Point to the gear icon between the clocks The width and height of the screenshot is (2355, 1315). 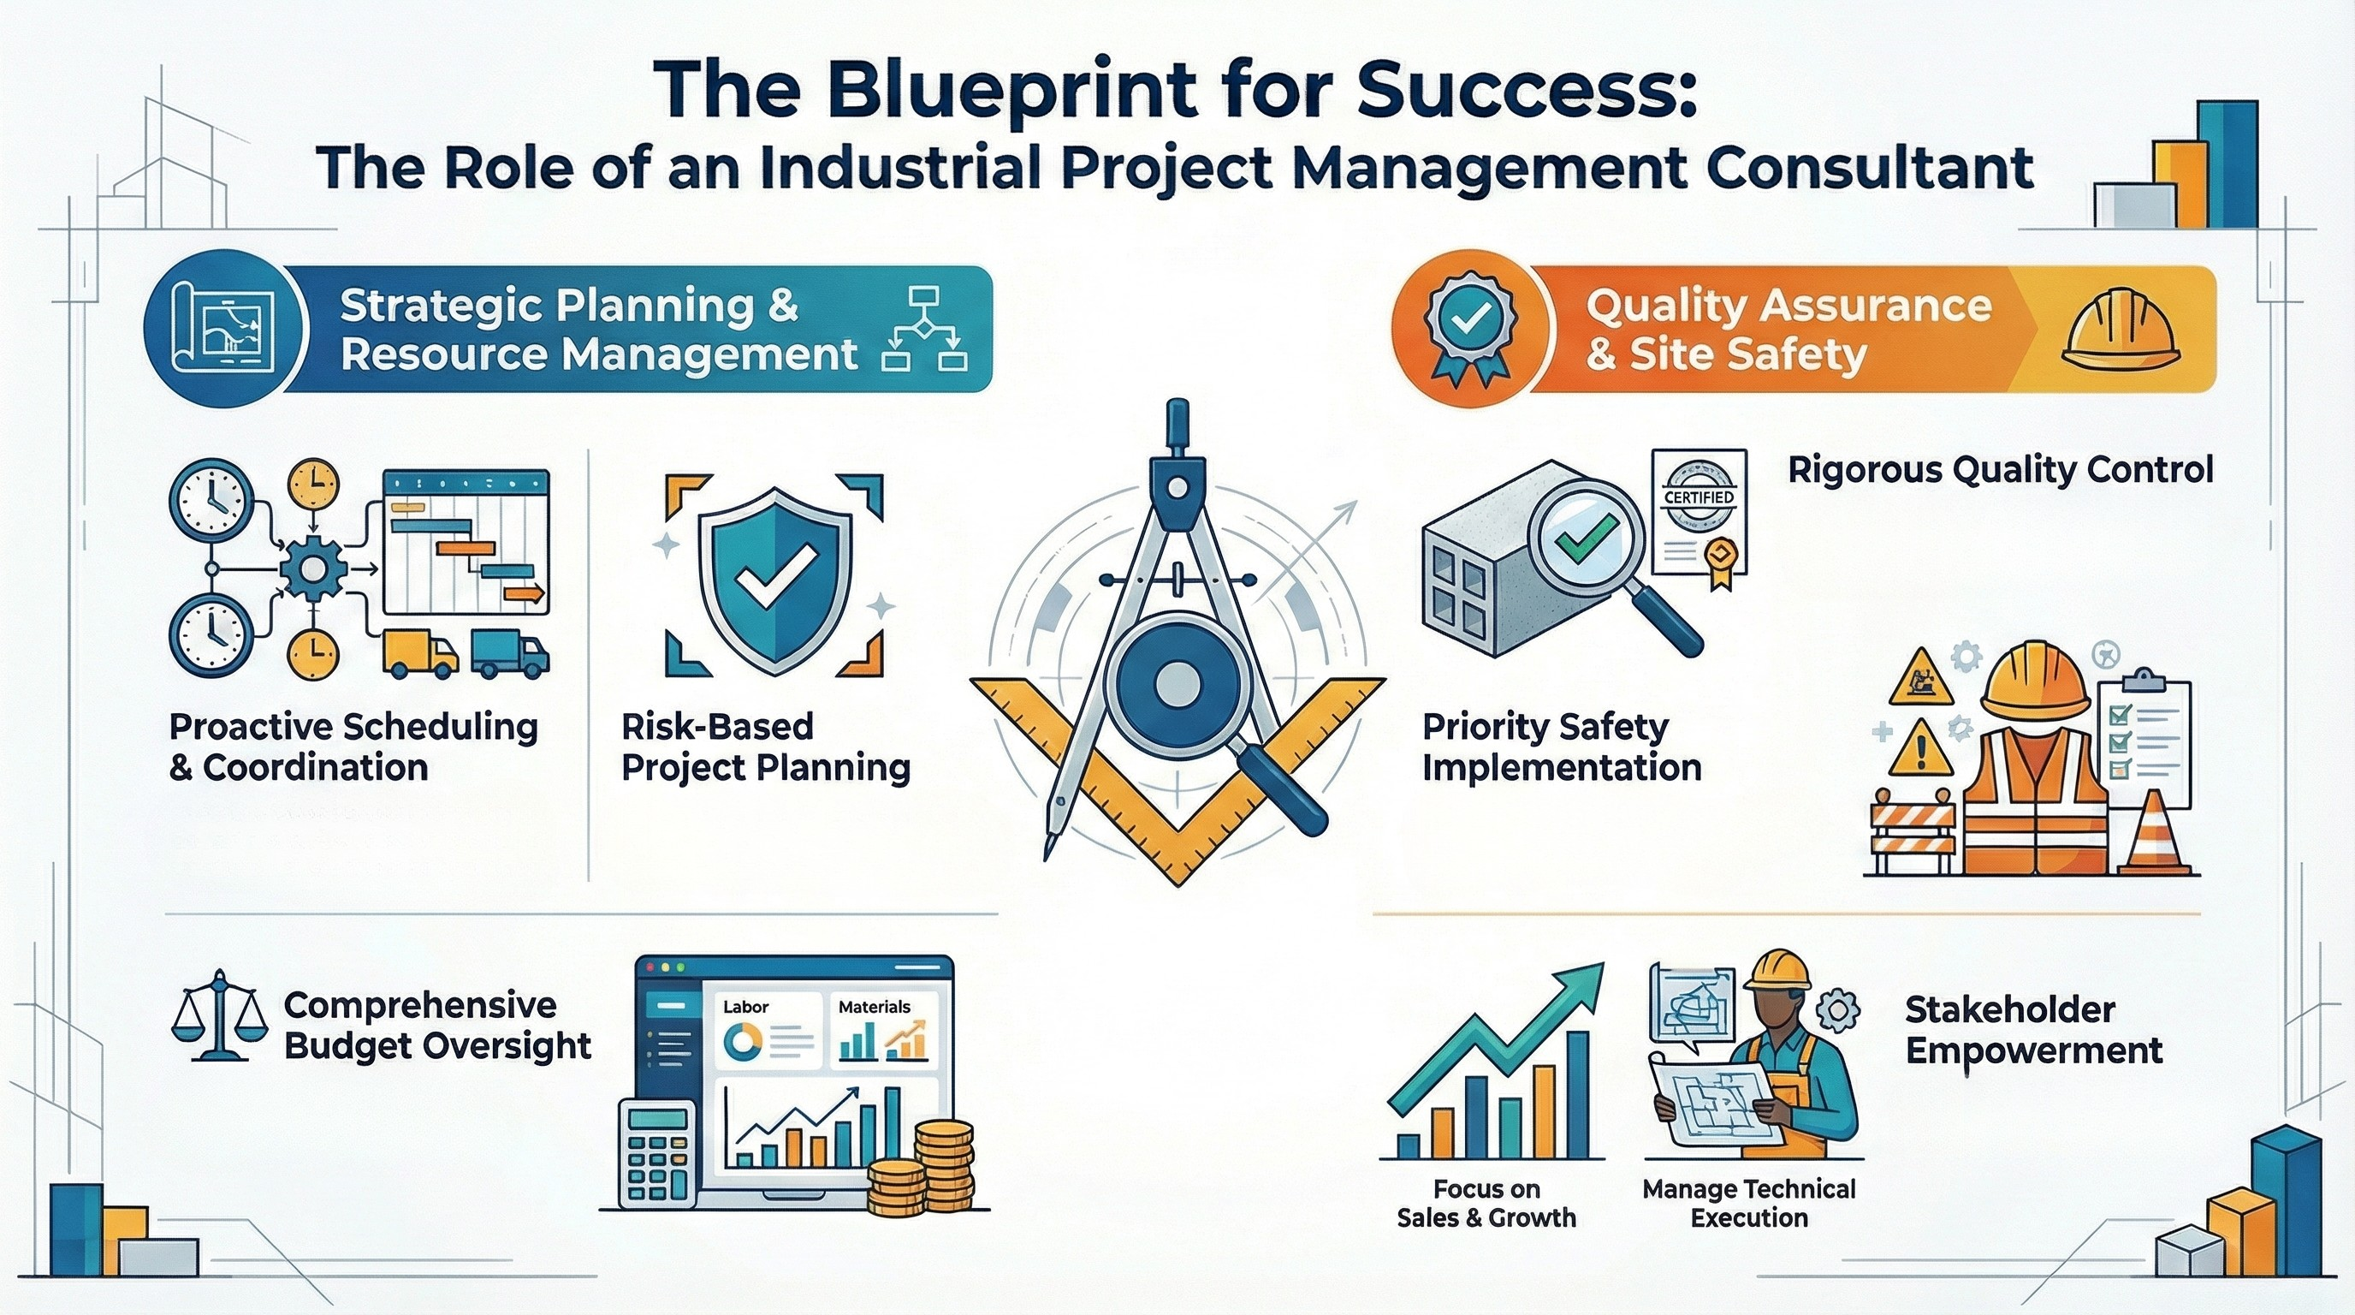[x=312, y=568]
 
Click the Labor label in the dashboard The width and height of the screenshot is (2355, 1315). [x=745, y=1007]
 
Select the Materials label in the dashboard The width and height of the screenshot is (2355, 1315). [x=874, y=1007]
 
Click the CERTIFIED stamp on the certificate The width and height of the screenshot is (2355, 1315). [x=1699, y=497]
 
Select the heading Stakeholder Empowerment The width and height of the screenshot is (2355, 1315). [x=2034, y=1030]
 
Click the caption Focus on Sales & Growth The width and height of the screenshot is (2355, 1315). [x=1486, y=1204]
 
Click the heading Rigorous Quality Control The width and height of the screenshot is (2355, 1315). [x=2000, y=471]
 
